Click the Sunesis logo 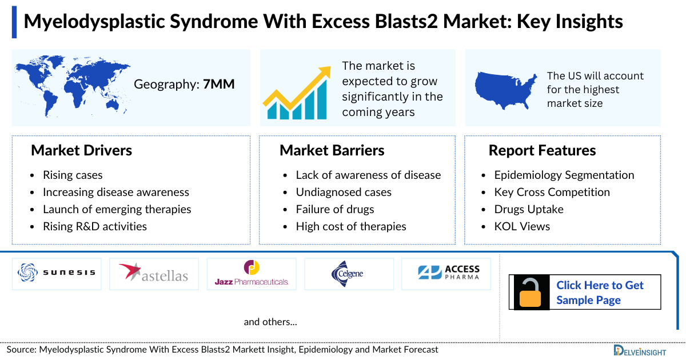point(57,273)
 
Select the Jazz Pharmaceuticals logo point(252,274)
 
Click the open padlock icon point(530,293)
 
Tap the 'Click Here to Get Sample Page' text point(600,293)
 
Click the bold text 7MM point(219,85)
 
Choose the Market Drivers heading point(81,150)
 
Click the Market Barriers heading point(332,150)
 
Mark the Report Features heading point(542,150)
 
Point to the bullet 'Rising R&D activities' point(95,226)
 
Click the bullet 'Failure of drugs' point(335,209)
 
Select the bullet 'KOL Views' point(522,226)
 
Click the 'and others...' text point(270,322)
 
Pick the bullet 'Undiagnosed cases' point(344,192)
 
